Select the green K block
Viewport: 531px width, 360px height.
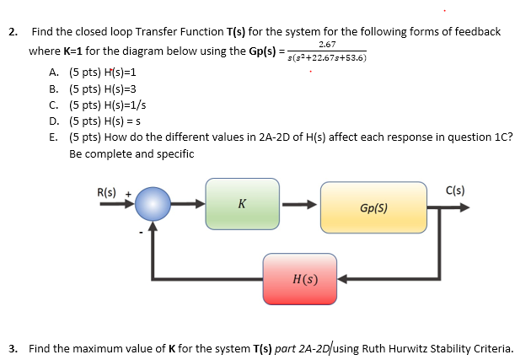coord(243,204)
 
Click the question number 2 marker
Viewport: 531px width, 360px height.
coord(13,32)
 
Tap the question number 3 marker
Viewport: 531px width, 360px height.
coord(13,347)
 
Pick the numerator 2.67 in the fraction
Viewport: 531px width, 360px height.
coord(328,44)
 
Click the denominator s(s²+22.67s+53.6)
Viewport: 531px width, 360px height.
coord(328,57)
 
